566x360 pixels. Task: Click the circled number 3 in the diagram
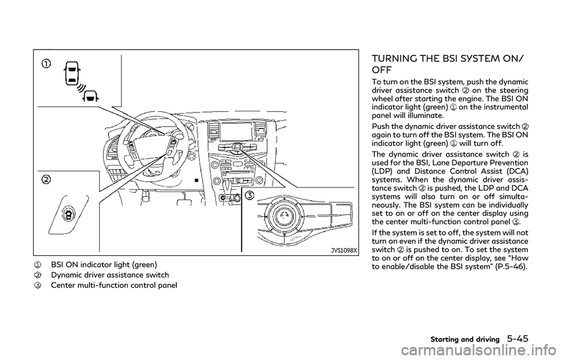(251, 196)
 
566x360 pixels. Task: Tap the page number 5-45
(528, 339)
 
